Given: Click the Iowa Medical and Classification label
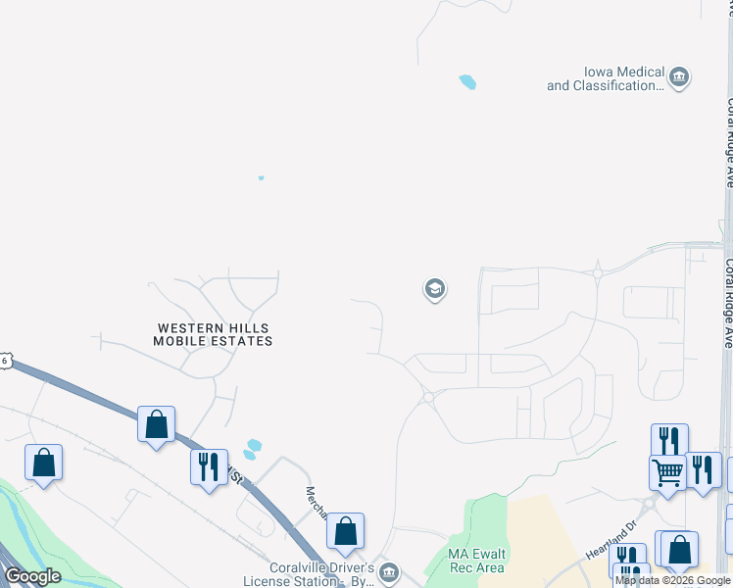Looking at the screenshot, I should click(605, 79).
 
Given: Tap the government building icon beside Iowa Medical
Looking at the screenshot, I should click(679, 76).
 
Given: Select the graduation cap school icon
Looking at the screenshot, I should click(434, 289).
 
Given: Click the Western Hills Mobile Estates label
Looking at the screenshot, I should click(213, 334).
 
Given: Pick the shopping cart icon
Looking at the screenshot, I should click(667, 472).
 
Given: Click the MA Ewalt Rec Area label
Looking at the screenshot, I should click(476, 561).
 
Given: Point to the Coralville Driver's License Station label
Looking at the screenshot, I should click(321, 573).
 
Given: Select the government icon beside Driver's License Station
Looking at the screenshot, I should click(388, 571).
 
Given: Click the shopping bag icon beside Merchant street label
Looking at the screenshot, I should click(345, 531).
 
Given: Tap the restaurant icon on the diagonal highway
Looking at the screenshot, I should click(209, 466).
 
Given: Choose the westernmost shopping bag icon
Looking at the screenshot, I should click(43, 463).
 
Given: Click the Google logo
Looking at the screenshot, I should click(32, 576).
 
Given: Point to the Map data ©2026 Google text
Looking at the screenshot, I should click(673, 581).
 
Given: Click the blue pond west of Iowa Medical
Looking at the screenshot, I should click(467, 82).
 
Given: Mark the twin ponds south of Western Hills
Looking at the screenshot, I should click(252, 449).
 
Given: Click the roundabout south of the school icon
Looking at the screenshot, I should click(427, 397).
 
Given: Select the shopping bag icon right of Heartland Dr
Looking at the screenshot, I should click(679, 549).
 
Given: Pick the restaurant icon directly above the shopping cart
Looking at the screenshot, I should click(669, 441).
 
